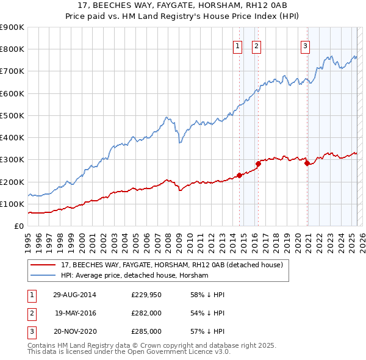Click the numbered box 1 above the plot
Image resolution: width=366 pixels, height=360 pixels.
point(237,45)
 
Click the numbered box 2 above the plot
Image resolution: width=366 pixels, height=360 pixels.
point(256,45)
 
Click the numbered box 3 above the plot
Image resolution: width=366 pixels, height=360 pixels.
point(305,45)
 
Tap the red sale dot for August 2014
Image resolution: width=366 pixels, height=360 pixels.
point(240,175)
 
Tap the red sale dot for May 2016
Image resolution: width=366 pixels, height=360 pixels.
point(258,164)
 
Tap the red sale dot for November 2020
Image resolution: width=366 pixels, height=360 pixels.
point(307,163)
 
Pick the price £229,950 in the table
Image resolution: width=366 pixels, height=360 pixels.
point(146,295)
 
